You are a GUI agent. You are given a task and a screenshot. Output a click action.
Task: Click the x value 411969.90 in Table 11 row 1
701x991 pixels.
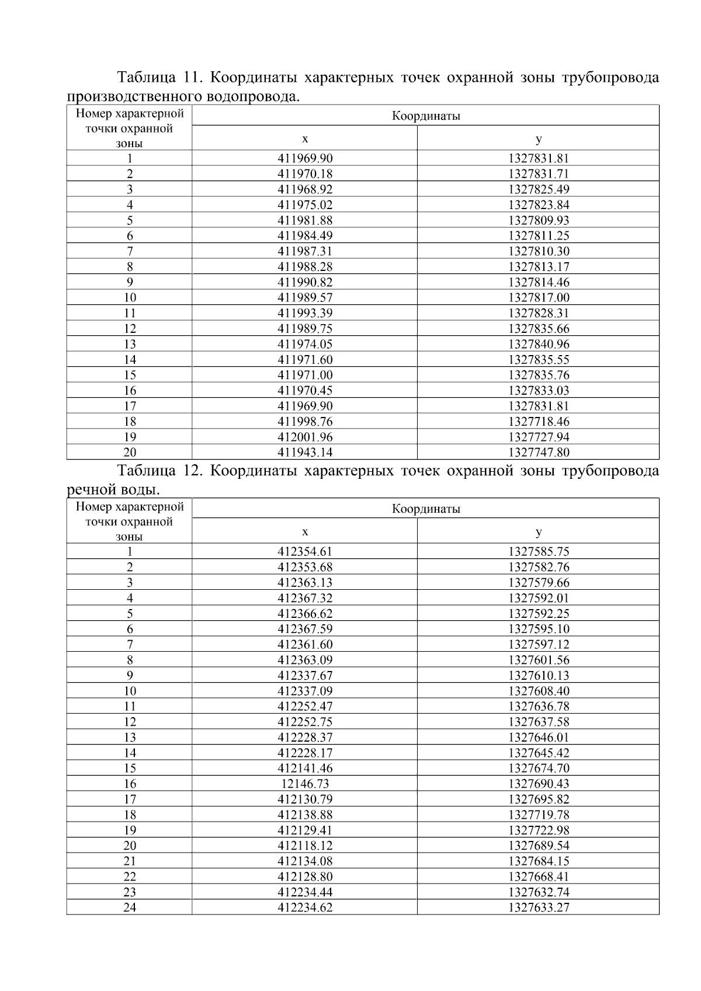[x=305, y=158]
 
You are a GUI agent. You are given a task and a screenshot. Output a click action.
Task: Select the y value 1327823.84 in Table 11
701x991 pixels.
[x=538, y=205]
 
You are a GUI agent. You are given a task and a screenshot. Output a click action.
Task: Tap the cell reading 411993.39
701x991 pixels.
[x=305, y=313]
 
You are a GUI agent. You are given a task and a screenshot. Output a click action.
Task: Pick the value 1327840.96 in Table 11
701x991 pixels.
[x=538, y=344]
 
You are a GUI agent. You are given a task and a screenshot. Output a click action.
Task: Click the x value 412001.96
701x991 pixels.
[x=305, y=437]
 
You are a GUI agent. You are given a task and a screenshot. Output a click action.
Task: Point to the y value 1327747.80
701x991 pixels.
[x=538, y=452]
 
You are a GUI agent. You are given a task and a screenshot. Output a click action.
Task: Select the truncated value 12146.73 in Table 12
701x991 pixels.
[x=305, y=784]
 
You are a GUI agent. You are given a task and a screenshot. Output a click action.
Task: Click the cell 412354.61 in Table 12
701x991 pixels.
[x=305, y=551]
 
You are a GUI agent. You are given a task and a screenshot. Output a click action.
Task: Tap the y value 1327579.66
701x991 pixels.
[x=538, y=582]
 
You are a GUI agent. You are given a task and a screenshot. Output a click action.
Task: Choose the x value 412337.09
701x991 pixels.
[x=305, y=691]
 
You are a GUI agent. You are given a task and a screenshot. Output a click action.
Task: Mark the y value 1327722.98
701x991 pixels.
[x=538, y=830]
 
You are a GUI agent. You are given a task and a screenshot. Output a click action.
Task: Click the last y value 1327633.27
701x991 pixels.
[x=538, y=907]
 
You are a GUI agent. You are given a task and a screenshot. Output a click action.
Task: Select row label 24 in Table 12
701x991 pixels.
[x=130, y=907]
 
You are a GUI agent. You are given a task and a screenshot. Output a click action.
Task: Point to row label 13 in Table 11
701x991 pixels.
[x=130, y=344]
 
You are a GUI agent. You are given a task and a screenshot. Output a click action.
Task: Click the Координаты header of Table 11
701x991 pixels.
[x=426, y=116]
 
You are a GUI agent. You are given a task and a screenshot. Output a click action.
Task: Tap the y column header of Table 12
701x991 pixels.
[x=538, y=531]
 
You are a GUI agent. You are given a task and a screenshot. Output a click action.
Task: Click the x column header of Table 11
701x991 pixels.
[x=305, y=138]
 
